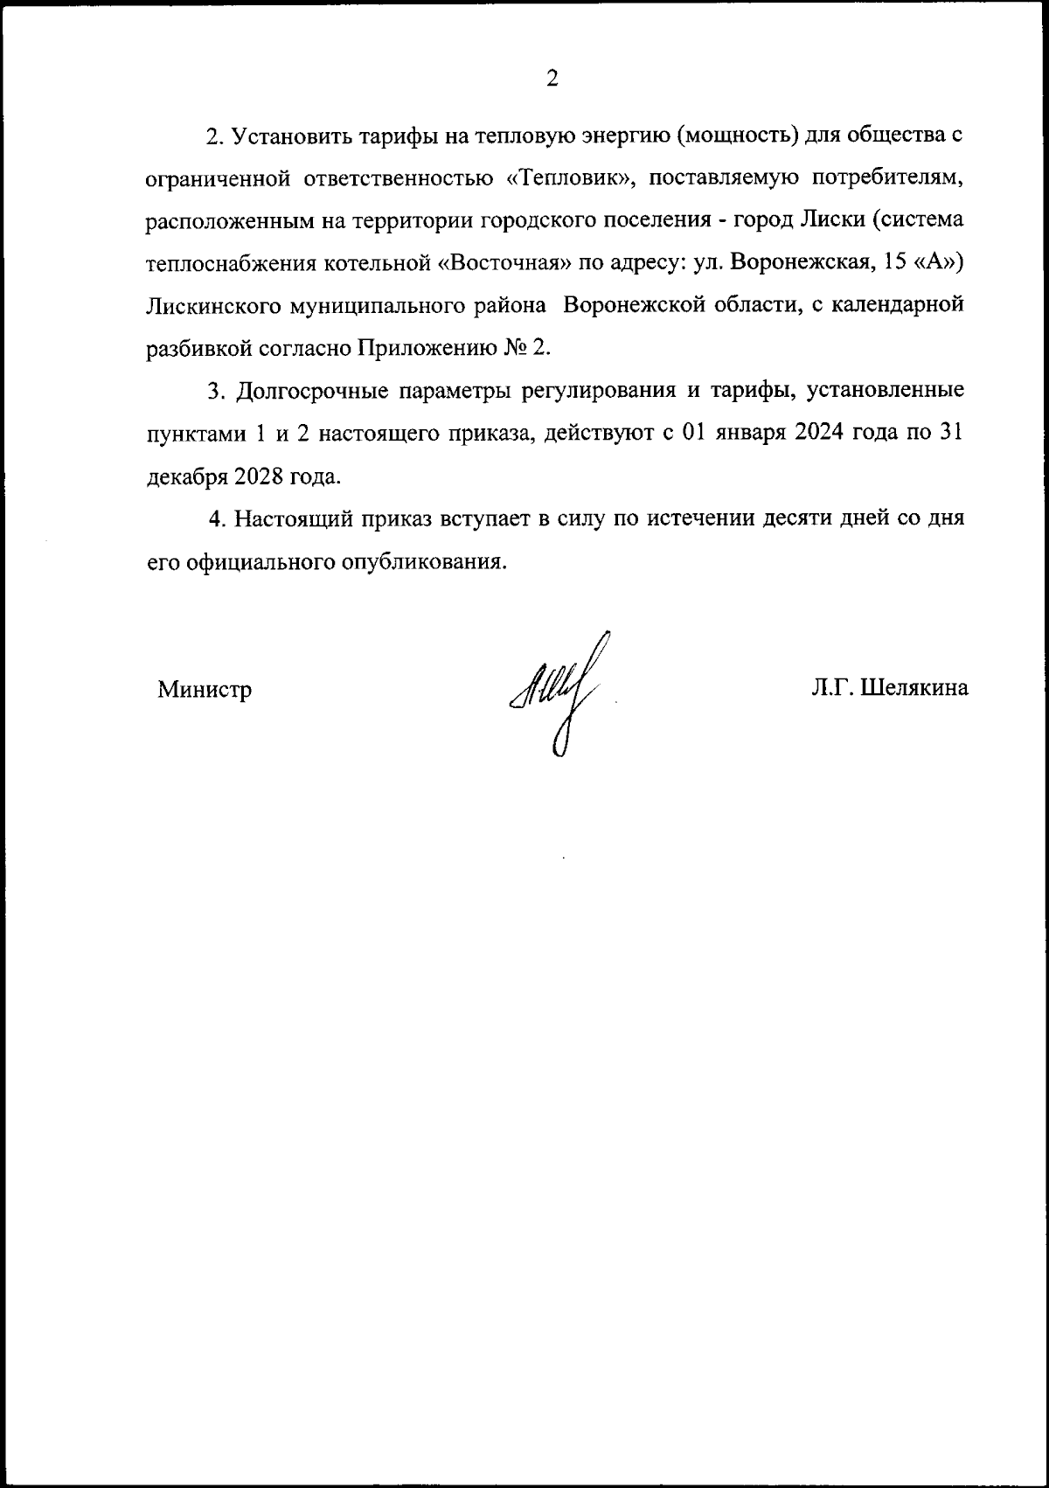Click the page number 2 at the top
[x=552, y=79]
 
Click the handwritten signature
[x=559, y=691]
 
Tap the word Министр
[x=205, y=690]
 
